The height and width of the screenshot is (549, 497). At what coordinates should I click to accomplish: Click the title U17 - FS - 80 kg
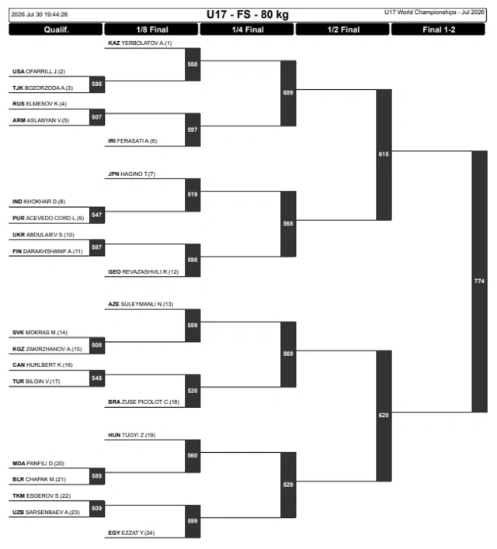tap(248, 15)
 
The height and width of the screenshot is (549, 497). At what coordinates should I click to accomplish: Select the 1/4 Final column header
tap(247, 29)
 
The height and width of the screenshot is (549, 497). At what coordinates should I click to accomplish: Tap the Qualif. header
tap(56, 29)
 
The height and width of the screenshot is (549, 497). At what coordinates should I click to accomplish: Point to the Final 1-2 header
tap(439, 29)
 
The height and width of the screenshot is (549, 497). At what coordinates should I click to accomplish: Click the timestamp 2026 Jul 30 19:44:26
tap(40, 15)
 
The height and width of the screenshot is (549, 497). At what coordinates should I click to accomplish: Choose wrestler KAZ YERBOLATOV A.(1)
tap(140, 43)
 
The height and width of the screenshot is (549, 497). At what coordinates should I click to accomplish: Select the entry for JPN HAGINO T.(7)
tap(131, 174)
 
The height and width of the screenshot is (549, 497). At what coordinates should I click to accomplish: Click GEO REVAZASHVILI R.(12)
tap(143, 271)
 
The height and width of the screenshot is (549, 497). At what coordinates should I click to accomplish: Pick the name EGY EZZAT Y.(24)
tap(131, 533)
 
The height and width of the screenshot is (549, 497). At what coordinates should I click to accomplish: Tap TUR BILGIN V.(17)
tap(36, 382)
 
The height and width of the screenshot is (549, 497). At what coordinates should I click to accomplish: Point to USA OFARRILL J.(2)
tap(39, 71)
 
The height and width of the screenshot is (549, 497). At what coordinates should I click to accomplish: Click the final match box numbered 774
tap(479, 281)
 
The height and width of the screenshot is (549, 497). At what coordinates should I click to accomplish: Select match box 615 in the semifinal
tap(384, 154)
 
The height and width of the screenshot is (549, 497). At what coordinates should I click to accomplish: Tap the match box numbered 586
tap(97, 85)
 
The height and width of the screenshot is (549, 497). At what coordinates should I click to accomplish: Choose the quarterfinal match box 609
tap(288, 93)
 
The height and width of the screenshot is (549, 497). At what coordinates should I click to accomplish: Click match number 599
tap(193, 521)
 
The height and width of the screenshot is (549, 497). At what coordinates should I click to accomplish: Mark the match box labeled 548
tap(97, 378)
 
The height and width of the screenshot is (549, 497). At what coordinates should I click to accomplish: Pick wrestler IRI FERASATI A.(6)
tap(133, 141)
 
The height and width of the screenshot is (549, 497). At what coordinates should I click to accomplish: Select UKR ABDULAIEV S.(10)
tap(43, 235)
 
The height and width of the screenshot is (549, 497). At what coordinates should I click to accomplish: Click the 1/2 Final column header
tap(342, 29)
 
